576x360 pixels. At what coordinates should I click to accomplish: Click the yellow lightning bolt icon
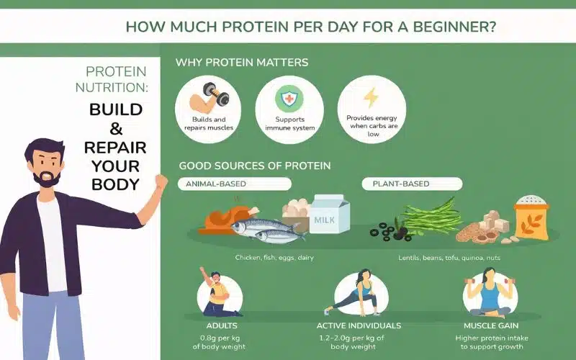pyautogui.click(x=370, y=97)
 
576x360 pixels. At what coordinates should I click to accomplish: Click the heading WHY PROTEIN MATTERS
pyautogui.click(x=241, y=63)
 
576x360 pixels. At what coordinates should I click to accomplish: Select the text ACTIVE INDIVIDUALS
pyautogui.click(x=362, y=325)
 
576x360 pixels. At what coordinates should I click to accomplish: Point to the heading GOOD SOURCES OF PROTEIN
pyautogui.click(x=254, y=166)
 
